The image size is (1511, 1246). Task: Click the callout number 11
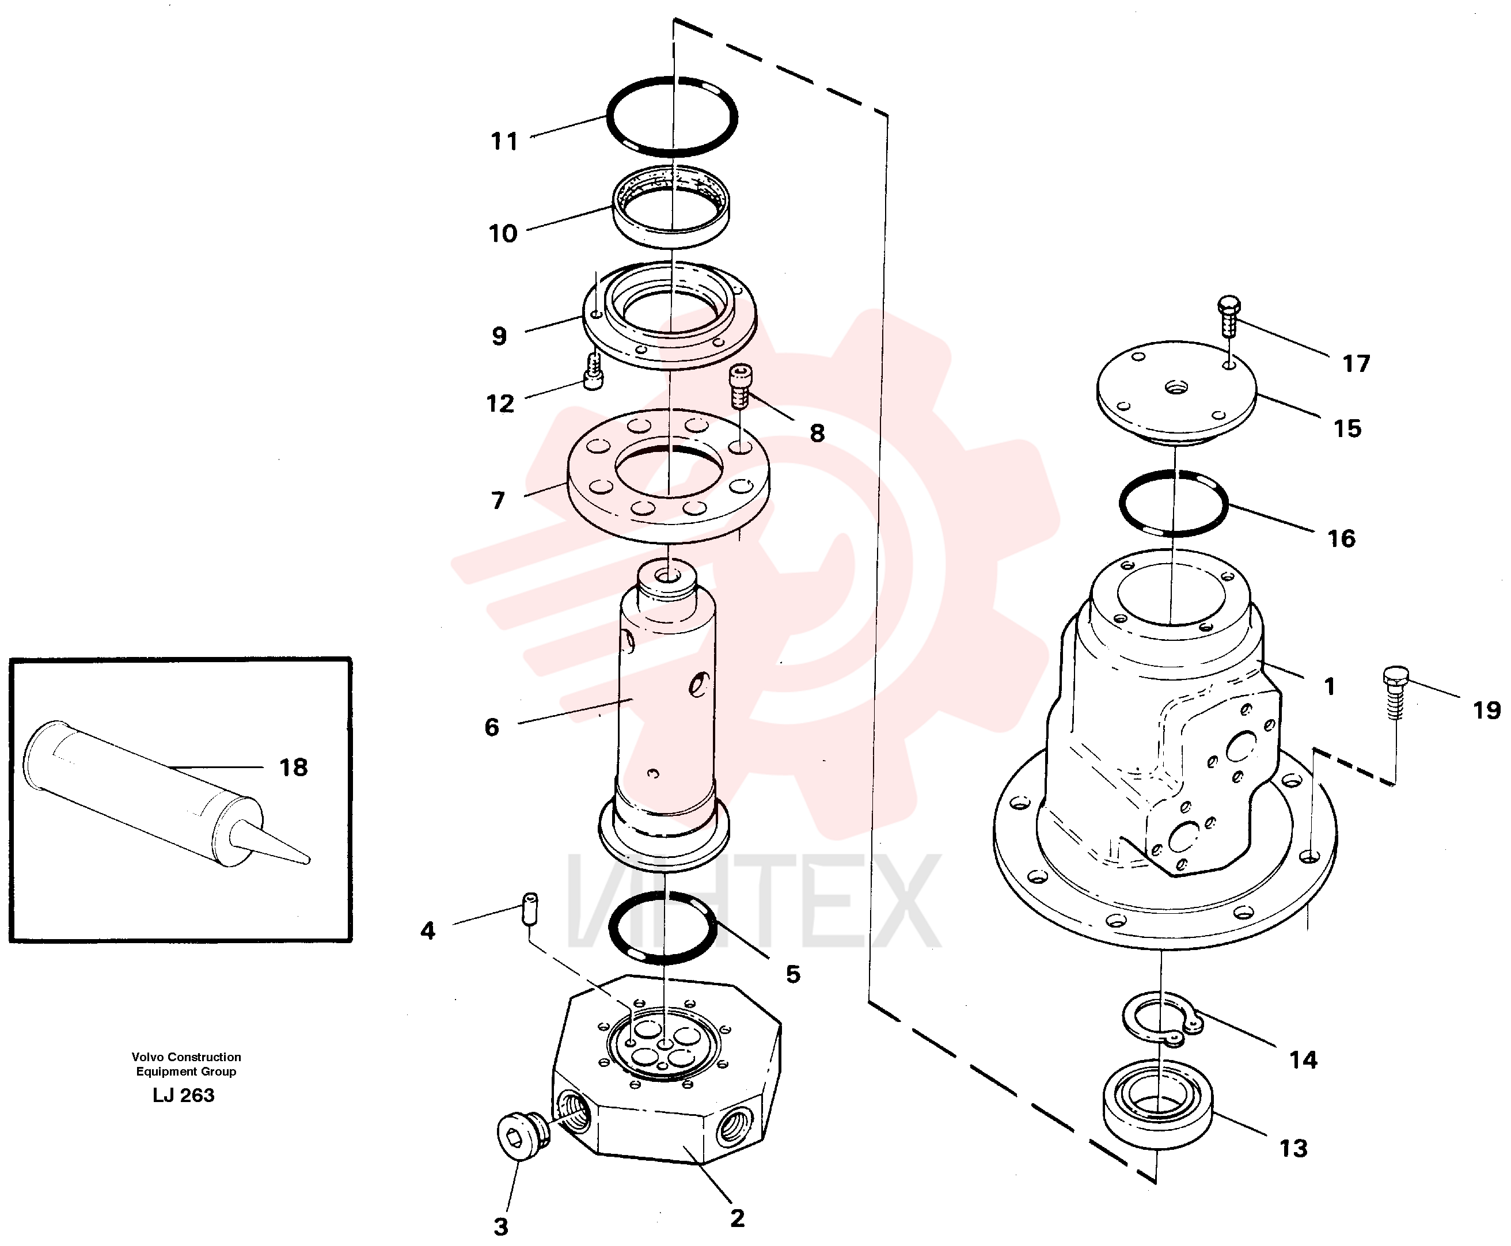[504, 142]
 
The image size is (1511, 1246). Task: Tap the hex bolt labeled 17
[1229, 316]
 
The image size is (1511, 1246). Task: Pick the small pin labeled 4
[530, 909]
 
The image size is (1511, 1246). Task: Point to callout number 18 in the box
[293, 768]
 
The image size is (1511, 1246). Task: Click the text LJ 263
[183, 1095]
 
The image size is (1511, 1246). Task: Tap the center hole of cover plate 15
[1176, 388]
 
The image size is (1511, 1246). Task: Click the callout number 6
[492, 727]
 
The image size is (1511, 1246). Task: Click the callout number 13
[1293, 1148]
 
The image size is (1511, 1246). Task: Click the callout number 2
[737, 1218]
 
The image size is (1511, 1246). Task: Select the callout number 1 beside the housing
[1330, 687]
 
